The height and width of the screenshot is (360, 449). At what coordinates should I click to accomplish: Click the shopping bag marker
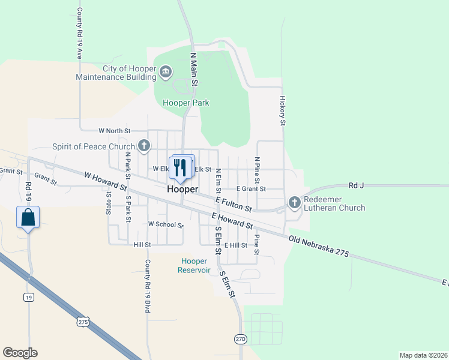tap(28, 217)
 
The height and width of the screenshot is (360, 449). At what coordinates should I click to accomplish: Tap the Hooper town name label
tap(182, 189)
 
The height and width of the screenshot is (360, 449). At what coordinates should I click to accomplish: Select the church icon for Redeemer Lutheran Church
tap(294, 202)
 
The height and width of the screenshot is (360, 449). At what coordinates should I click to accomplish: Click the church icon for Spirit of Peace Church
tap(143, 146)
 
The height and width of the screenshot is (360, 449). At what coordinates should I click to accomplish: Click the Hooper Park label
tap(186, 103)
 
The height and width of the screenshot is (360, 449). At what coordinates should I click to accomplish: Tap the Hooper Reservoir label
tap(194, 265)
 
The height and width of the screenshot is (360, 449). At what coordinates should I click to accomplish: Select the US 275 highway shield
tap(83, 322)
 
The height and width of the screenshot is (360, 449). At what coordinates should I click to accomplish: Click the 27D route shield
tap(240, 339)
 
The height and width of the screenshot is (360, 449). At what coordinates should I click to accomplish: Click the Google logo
tap(20, 353)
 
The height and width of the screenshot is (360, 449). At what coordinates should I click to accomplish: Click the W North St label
tap(114, 130)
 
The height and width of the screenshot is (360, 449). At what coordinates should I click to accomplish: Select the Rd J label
tap(356, 186)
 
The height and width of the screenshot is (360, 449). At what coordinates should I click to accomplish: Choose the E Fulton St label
tap(234, 205)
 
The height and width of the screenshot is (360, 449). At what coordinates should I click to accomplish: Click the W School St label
tap(165, 224)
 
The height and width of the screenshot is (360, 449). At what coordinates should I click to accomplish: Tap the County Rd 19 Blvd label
tap(147, 286)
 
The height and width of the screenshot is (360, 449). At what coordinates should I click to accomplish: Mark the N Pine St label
tap(256, 170)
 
